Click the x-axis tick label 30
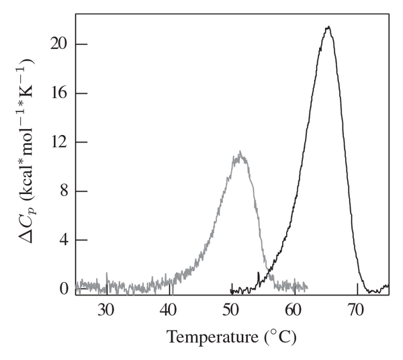(106, 310)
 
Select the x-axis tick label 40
(169, 310)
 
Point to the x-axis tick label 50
(231, 310)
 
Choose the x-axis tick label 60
(294, 310)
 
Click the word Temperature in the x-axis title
(205, 336)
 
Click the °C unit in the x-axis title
(282, 336)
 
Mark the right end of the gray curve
(307, 287)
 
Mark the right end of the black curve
(388, 285)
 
